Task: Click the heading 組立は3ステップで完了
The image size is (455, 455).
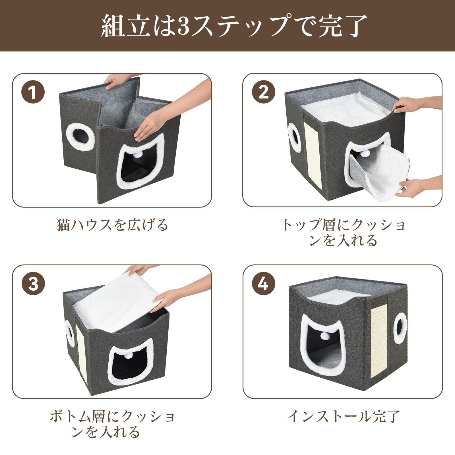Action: (x=227, y=26)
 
